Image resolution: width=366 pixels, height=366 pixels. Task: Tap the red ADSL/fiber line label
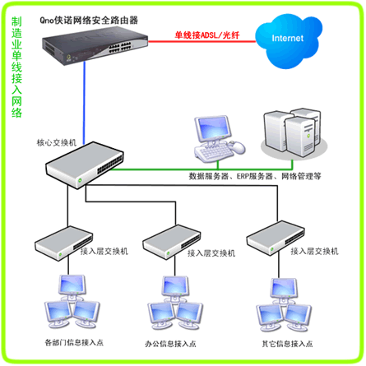tap(207, 35)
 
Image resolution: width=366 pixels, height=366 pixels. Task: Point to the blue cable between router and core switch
tap(85, 103)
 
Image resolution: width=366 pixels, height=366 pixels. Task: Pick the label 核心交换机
tap(57, 142)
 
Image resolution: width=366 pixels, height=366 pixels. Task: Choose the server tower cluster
tap(294, 133)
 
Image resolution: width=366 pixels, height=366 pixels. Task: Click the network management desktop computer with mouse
tap(220, 139)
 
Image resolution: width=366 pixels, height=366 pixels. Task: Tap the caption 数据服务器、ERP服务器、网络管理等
tap(255, 176)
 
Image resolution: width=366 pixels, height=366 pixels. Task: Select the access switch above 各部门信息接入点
tap(63, 243)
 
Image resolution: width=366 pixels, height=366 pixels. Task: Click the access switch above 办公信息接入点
tap(172, 242)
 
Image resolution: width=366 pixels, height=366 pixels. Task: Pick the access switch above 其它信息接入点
tap(276, 239)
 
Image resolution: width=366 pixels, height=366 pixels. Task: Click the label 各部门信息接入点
tap(74, 342)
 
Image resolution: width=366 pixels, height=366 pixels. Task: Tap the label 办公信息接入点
tap(170, 344)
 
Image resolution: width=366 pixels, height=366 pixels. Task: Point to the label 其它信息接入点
tap(287, 344)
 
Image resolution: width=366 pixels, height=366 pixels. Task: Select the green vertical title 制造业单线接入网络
tap(16, 67)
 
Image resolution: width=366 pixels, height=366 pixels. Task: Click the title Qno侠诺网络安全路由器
tap(89, 21)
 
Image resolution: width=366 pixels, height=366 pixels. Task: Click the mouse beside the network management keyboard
tap(238, 147)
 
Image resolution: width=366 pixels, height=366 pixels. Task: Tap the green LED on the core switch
tap(80, 180)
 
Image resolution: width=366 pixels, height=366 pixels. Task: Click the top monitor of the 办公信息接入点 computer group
tap(175, 289)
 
